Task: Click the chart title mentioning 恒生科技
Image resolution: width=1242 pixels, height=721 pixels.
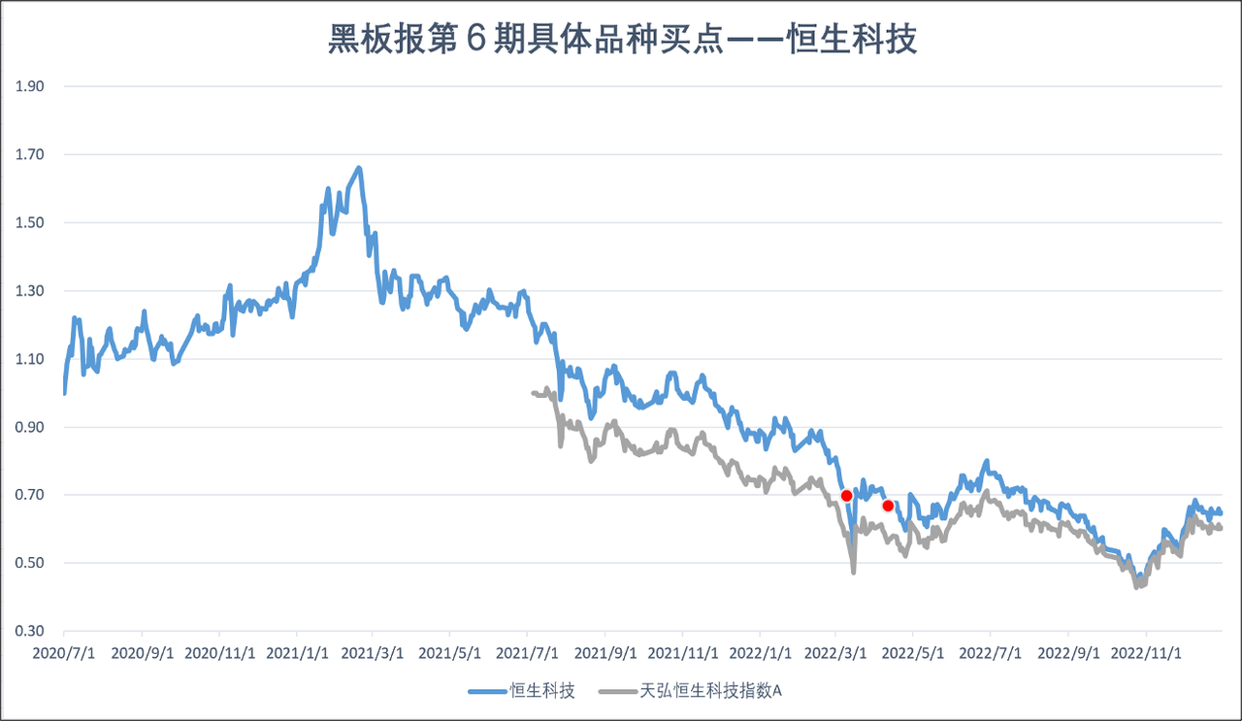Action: [622, 41]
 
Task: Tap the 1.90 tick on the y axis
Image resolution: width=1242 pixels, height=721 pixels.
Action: [31, 86]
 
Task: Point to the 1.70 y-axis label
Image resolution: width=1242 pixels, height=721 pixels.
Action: [31, 154]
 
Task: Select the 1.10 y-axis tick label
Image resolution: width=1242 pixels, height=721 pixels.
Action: [31, 359]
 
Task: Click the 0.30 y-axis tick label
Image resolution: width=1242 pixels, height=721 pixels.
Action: [31, 632]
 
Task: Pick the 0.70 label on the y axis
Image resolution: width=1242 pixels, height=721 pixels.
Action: [31, 495]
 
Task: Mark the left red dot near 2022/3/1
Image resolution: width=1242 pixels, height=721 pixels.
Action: [846, 496]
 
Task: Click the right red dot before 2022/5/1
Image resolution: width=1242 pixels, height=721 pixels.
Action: [888, 506]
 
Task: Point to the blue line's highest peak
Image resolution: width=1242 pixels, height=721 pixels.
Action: [359, 168]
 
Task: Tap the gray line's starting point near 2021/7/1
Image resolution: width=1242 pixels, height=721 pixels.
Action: [533, 392]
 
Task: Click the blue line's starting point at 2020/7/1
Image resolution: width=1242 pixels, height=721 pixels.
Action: [64, 393]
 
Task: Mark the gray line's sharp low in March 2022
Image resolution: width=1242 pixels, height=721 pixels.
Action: [854, 572]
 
